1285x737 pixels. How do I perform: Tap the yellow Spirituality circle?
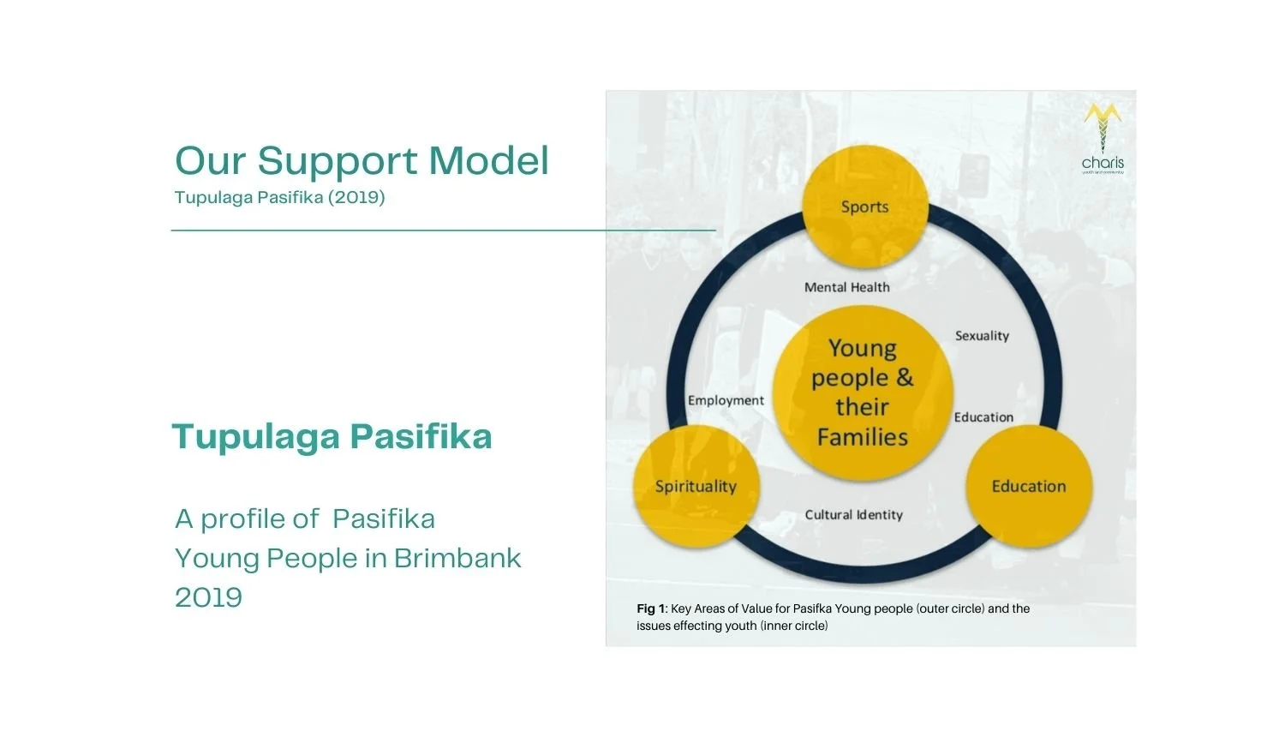[x=696, y=486]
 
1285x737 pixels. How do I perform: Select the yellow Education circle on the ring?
[x=1029, y=486]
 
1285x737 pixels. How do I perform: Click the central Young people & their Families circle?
[x=863, y=392]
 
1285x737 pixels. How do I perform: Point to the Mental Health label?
[x=846, y=287]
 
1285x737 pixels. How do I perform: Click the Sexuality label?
[x=982, y=336]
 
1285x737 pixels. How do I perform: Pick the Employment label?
[x=726, y=400]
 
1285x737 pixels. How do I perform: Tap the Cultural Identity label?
[x=853, y=514]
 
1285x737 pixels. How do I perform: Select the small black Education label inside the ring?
[x=983, y=417]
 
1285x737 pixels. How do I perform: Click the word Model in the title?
[x=488, y=161]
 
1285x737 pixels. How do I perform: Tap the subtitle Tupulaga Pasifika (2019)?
[x=279, y=197]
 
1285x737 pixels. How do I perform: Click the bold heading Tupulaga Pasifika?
[x=332, y=436]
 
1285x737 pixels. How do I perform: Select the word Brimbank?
[x=457, y=558]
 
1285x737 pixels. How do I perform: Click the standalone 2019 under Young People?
[x=208, y=597]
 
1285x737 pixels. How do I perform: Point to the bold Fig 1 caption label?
[x=651, y=608]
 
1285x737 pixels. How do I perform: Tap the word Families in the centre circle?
[x=862, y=437]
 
